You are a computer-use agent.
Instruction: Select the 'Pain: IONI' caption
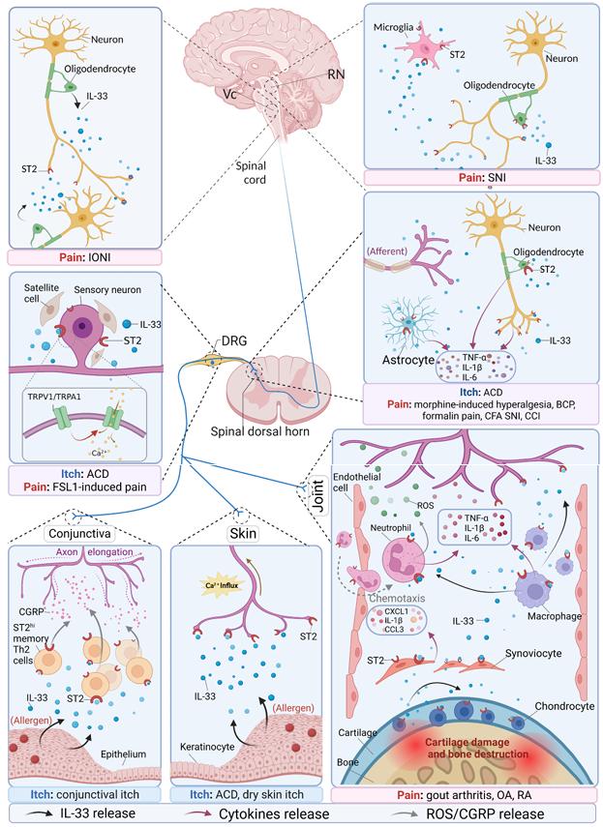66,258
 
